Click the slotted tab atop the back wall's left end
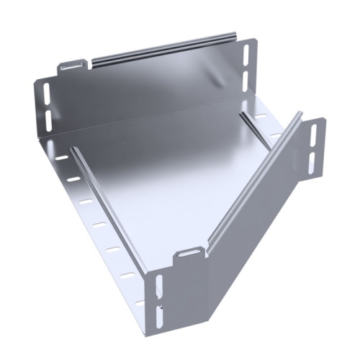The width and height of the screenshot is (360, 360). click(x=71, y=66)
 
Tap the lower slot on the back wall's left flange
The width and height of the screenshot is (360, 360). click(x=48, y=117)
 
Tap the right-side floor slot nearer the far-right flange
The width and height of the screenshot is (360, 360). click(x=275, y=135)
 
